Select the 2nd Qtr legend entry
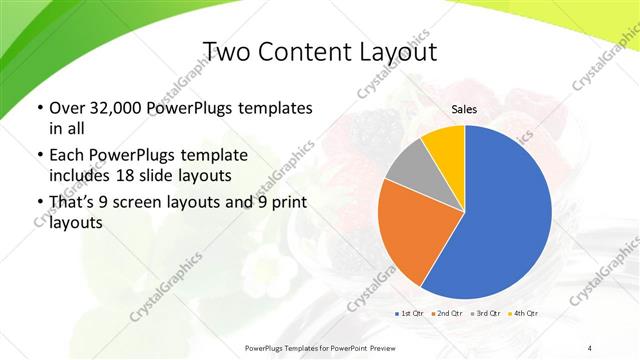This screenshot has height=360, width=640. point(447,315)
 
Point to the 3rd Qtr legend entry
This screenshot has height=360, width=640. point(486,315)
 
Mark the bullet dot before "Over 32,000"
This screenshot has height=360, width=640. point(38,108)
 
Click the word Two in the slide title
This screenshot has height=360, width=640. point(227,53)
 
